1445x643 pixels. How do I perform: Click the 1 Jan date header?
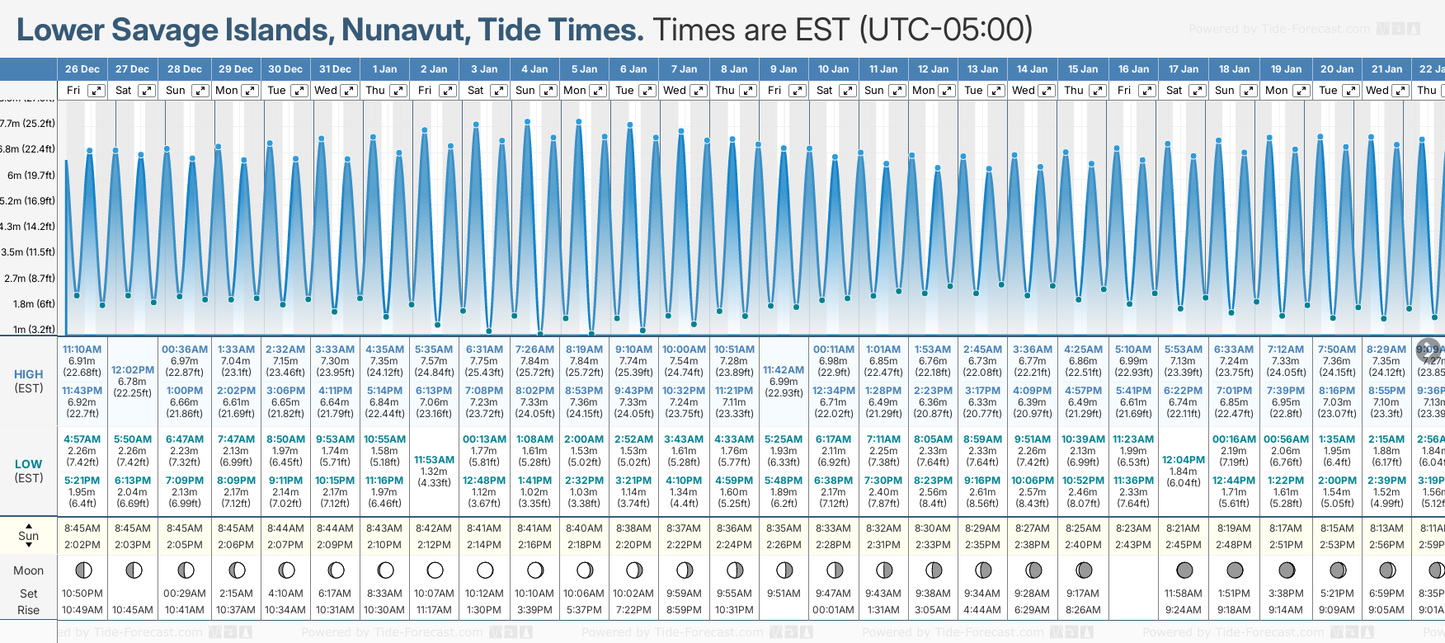(384, 69)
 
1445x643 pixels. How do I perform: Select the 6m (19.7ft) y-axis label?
(31, 175)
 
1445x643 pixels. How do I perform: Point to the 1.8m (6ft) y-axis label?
(34, 303)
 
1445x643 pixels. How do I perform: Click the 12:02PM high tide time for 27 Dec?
(133, 370)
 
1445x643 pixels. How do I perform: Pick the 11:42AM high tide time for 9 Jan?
(784, 370)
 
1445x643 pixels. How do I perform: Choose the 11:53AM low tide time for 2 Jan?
(434, 460)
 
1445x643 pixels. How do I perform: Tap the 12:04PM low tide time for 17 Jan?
(1184, 460)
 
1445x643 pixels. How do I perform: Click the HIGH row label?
(28, 374)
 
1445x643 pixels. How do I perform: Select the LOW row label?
(28, 464)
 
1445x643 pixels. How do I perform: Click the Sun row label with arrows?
(28, 536)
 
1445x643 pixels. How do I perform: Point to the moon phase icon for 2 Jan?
(435, 570)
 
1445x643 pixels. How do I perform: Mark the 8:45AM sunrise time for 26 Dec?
(82, 528)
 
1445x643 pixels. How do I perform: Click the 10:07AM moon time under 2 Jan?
(434, 594)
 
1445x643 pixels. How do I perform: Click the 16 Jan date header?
(1134, 69)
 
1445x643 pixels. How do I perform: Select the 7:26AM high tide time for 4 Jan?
(534, 350)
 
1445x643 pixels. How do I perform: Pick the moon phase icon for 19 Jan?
(1286, 570)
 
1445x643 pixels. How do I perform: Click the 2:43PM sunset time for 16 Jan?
(1133, 545)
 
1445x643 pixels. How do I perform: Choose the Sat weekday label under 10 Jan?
(825, 91)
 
